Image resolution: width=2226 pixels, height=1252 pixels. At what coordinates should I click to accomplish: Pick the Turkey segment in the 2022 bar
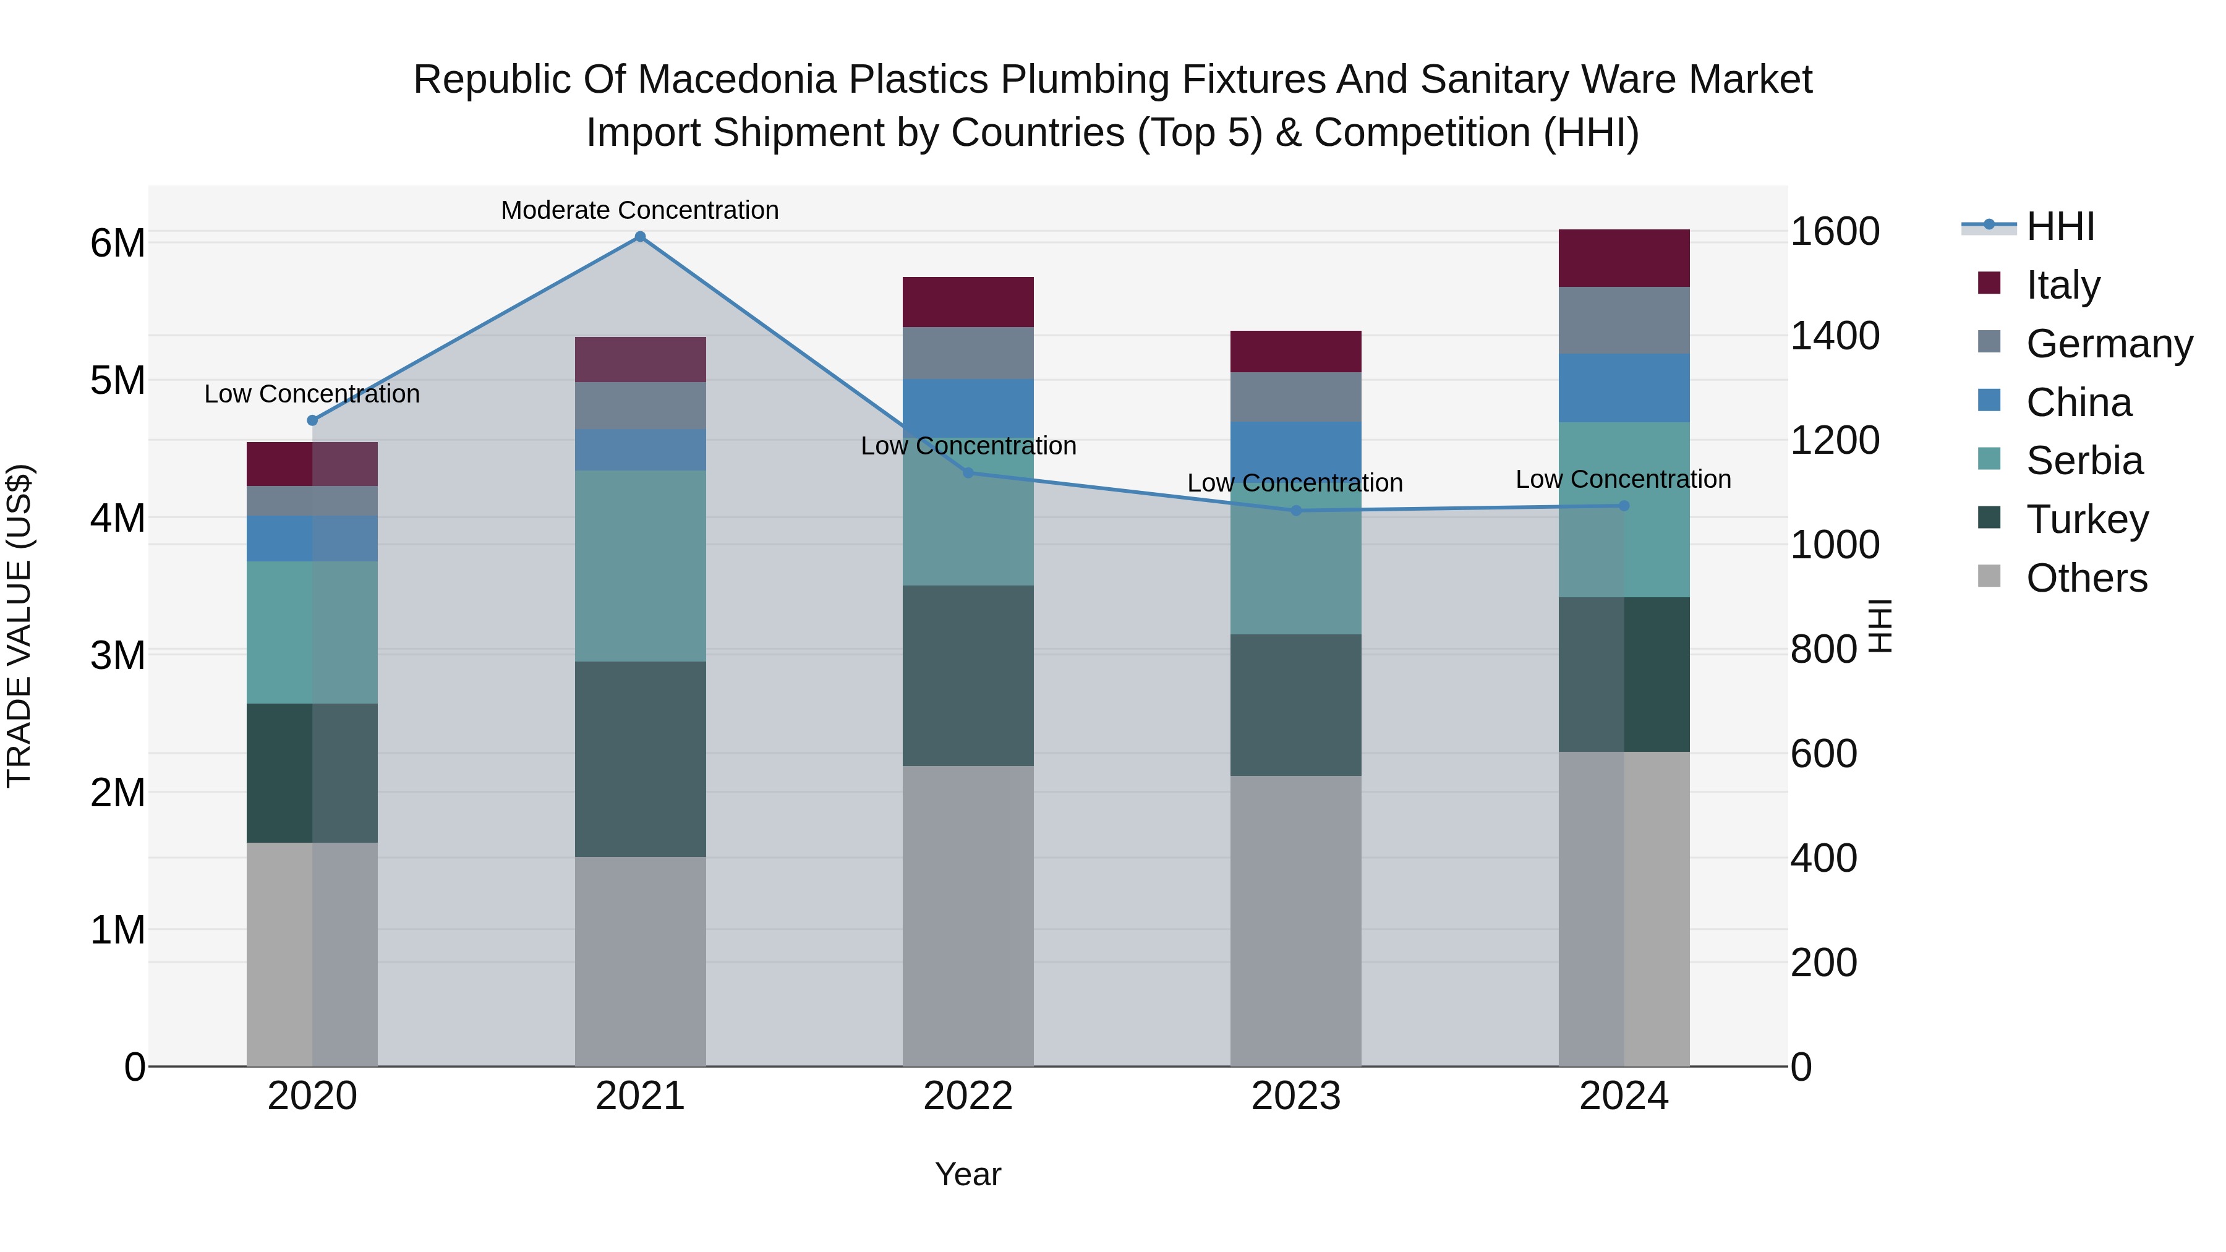[x=968, y=676]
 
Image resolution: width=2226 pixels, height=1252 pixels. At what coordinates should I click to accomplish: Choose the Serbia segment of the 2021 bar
[x=641, y=566]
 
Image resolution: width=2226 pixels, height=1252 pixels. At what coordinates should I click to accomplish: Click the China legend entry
[x=2078, y=402]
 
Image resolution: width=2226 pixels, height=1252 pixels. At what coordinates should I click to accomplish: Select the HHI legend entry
[x=2060, y=226]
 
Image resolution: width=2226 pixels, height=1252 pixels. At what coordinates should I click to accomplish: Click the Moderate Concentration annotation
[x=639, y=210]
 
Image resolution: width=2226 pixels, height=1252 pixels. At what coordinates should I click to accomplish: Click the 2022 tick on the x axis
[x=968, y=1096]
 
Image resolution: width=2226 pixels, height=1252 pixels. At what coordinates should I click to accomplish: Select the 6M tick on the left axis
[x=118, y=243]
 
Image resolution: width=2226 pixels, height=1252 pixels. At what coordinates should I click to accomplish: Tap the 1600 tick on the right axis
[x=1834, y=232]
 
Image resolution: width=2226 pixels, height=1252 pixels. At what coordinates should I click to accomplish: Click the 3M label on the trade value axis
[x=118, y=655]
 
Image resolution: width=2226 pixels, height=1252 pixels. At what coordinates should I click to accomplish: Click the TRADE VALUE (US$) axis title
[x=19, y=626]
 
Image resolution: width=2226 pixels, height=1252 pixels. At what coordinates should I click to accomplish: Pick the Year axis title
[x=968, y=1174]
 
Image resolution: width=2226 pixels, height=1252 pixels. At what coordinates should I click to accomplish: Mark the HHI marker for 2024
[x=1624, y=506]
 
